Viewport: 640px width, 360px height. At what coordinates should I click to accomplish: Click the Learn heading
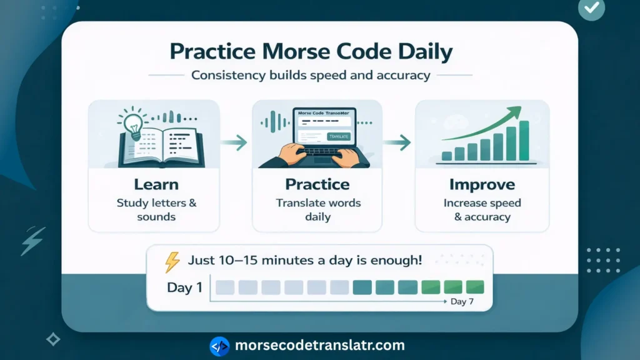(x=156, y=184)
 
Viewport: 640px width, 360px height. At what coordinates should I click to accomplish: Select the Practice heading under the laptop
(x=317, y=184)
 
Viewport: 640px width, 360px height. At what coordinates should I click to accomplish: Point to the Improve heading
(x=482, y=184)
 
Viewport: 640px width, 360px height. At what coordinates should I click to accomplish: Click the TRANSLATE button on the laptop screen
(x=338, y=136)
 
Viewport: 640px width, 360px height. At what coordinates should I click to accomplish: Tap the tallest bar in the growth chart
(x=524, y=141)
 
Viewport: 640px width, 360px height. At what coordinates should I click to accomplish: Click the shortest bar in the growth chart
(x=447, y=156)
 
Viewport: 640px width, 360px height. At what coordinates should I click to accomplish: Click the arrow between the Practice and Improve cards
(x=397, y=142)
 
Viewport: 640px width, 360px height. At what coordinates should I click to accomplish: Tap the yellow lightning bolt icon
(x=172, y=262)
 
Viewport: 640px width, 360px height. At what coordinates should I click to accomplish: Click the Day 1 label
(x=184, y=287)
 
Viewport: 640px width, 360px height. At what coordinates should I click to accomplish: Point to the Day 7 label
(x=462, y=302)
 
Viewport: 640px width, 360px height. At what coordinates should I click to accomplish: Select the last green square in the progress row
(x=475, y=287)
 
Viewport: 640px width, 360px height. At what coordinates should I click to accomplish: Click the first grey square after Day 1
(x=225, y=287)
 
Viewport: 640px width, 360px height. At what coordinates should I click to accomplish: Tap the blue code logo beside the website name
(x=219, y=346)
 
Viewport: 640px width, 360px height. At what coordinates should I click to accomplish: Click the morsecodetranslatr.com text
(x=320, y=345)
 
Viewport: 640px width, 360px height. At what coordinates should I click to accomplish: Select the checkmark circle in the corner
(x=591, y=8)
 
